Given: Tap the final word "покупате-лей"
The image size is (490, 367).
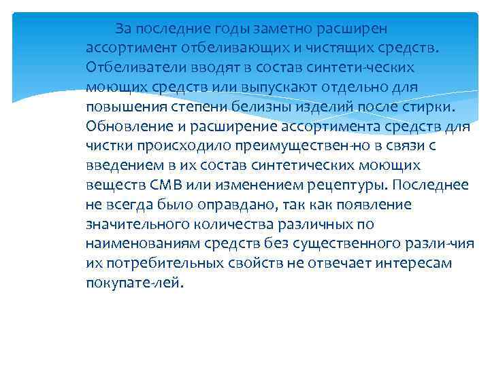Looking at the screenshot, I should point(135,283).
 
